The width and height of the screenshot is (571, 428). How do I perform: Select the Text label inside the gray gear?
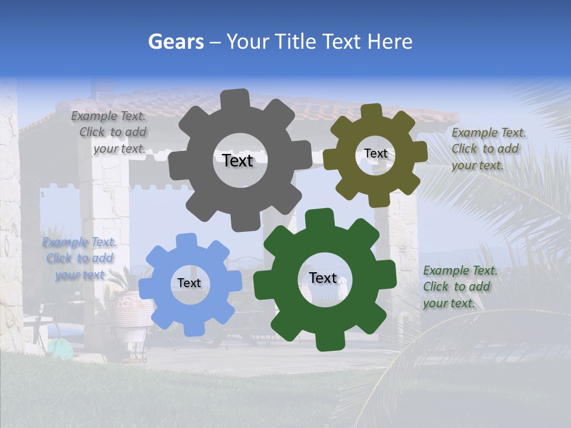(237, 160)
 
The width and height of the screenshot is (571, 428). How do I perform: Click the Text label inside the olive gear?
(375, 153)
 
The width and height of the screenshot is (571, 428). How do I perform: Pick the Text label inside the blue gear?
(189, 283)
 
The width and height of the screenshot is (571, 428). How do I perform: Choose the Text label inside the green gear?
(322, 278)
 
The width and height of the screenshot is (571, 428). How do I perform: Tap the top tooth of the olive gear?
(372, 111)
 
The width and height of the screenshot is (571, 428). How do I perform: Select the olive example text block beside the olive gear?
(488, 149)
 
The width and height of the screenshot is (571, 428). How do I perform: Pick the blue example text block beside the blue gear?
(79, 259)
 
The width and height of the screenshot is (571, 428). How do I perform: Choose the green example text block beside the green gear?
(459, 287)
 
